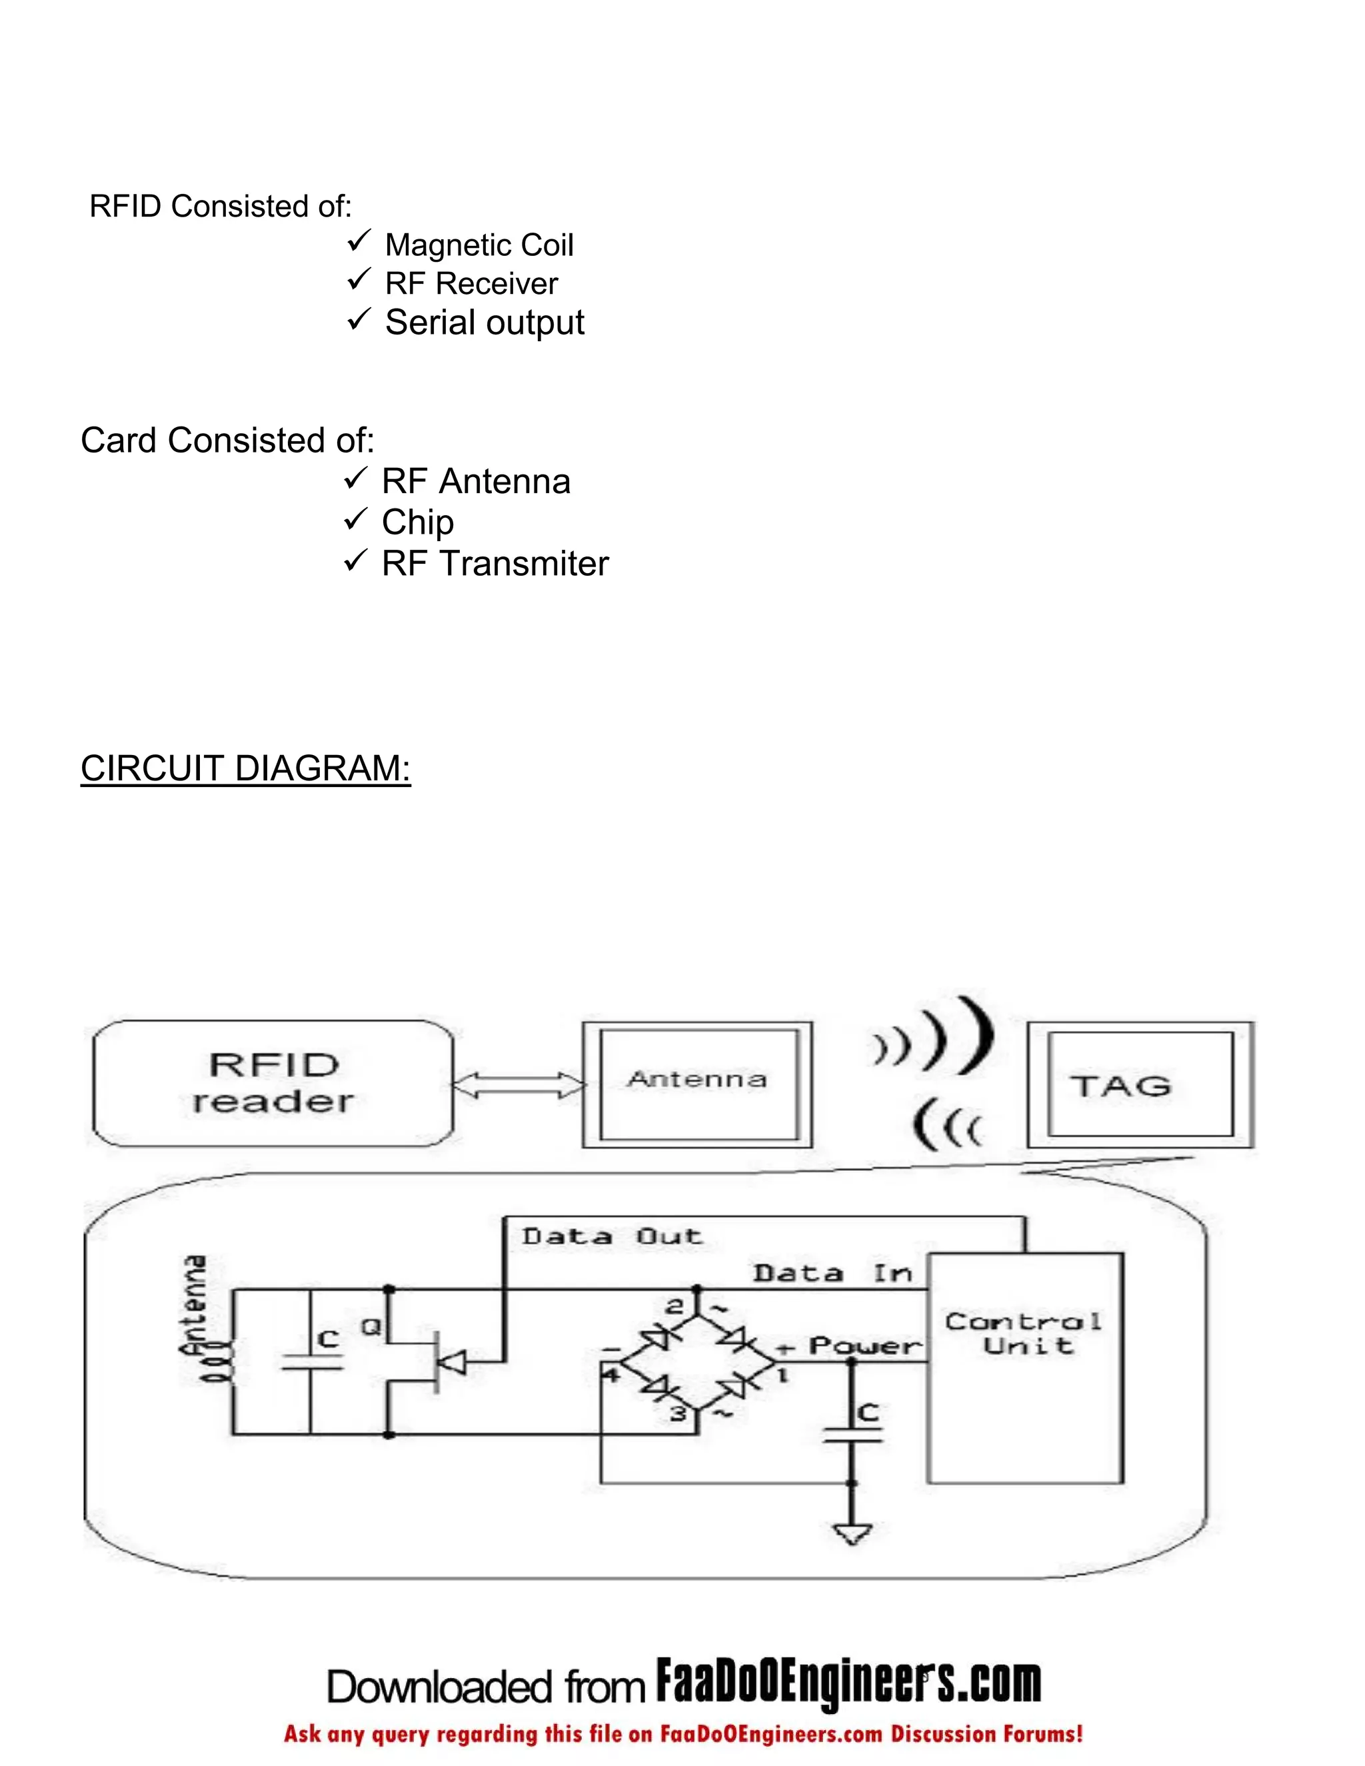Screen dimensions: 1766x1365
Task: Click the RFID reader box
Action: coord(273,1083)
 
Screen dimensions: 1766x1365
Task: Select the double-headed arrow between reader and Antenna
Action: coord(517,1085)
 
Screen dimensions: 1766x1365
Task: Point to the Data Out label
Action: coord(611,1236)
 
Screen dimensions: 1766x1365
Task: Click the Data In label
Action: coord(833,1274)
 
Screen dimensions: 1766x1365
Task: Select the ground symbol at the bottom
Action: coord(852,1533)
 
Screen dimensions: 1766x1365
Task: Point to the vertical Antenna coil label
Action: coord(194,1305)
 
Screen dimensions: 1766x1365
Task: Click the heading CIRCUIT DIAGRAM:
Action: coord(245,768)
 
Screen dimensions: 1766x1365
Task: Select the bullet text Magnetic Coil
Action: coord(479,245)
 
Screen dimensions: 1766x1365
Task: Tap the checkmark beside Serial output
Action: coord(358,319)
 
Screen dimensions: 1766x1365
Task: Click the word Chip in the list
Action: coord(417,522)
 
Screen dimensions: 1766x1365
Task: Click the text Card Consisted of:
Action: coord(227,441)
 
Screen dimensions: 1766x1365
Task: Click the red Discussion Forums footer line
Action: coord(682,1735)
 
